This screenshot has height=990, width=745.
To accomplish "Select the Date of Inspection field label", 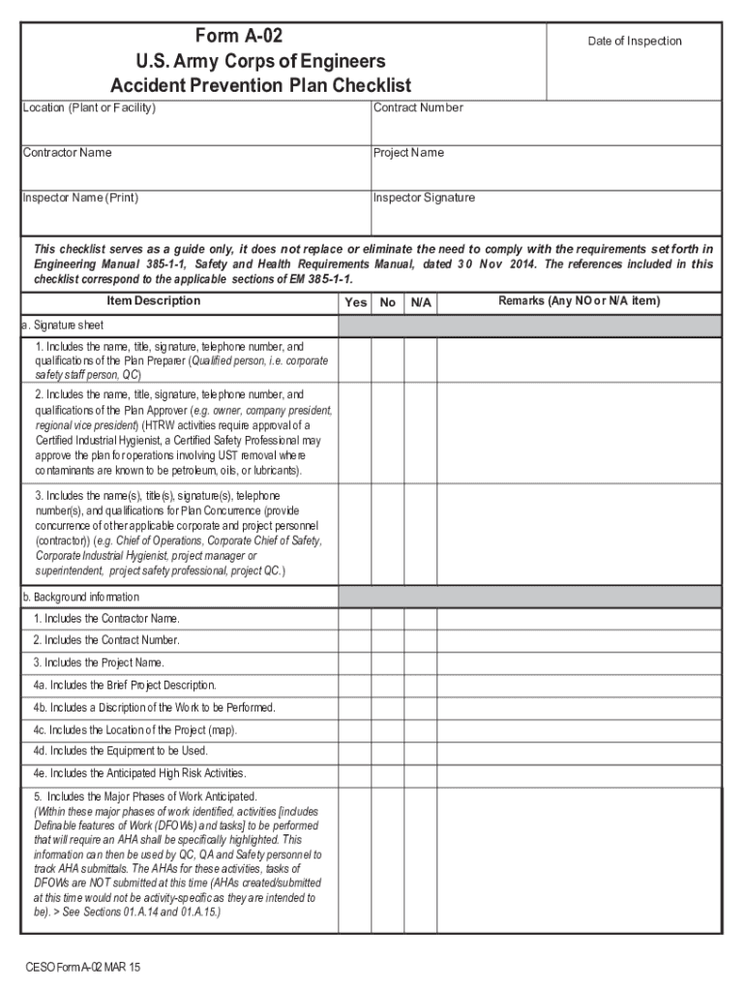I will click(x=635, y=41).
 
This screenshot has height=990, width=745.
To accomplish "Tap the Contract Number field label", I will click(x=418, y=107).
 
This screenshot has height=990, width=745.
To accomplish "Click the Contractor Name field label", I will click(x=68, y=153).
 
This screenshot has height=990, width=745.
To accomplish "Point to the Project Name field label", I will click(x=409, y=153).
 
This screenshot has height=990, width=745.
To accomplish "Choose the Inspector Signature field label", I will click(x=425, y=198).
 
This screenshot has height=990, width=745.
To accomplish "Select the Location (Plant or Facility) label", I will click(x=88, y=107).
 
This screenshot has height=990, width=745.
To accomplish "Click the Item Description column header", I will click(x=154, y=301).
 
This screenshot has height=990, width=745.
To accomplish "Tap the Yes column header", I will click(x=355, y=303).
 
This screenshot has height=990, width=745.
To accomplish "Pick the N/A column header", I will click(x=420, y=303).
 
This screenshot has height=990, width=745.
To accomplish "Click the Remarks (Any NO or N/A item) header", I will click(x=579, y=301).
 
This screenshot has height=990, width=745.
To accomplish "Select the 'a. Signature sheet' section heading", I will click(x=63, y=325).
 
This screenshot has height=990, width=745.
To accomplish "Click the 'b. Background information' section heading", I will click(x=80, y=597).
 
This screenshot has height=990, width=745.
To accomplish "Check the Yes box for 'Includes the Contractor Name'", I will click(x=355, y=619).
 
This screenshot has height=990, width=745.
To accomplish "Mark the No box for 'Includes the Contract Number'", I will click(x=388, y=641).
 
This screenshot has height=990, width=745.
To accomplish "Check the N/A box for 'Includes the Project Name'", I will click(x=420, y=663).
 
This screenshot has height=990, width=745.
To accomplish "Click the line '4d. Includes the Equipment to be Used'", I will click(x=121, y=751).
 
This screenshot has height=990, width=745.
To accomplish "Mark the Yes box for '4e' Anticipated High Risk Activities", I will click(x=355, y=773).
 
